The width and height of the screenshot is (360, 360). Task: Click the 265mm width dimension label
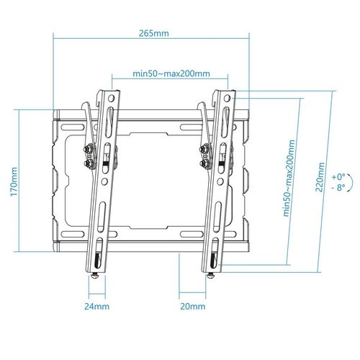154,33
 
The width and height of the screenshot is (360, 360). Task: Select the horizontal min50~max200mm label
171,73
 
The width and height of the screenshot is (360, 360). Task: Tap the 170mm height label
14,181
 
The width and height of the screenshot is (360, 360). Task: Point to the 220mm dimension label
320,177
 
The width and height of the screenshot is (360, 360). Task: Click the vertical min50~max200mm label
289,178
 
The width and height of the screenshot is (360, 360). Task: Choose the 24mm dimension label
96,307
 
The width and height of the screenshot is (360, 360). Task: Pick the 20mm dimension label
193,307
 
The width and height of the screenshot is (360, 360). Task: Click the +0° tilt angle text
338,177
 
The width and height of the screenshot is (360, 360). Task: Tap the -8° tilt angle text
338,187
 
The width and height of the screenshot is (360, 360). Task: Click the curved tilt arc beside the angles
353,182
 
